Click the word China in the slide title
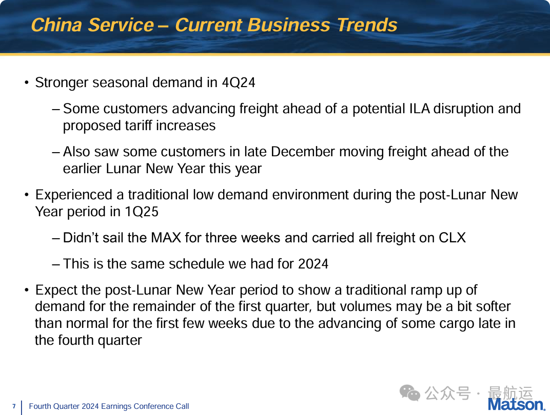[56, 25]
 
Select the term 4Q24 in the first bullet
[239, 82]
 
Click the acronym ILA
[420, 109]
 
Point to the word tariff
[134, 126]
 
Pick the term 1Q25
[142, 212]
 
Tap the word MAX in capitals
[166, 238]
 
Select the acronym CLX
[452, 238]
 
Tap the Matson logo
[517, 404]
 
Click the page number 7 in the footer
[14, 406]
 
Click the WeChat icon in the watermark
[410, 392]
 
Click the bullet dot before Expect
[27, 291]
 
